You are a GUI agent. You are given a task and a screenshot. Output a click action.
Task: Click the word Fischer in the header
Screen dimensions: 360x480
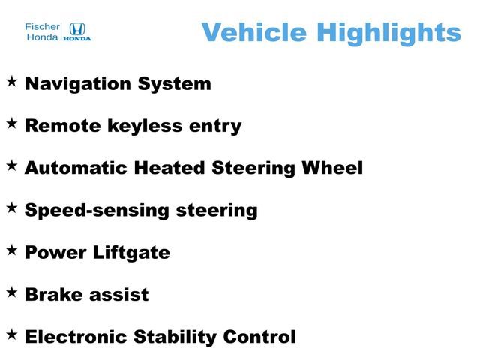tap(43, 25)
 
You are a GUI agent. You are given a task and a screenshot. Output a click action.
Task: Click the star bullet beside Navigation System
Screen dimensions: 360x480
tap(12, 80)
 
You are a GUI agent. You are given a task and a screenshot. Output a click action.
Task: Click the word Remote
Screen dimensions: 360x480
tap(57, 126)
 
